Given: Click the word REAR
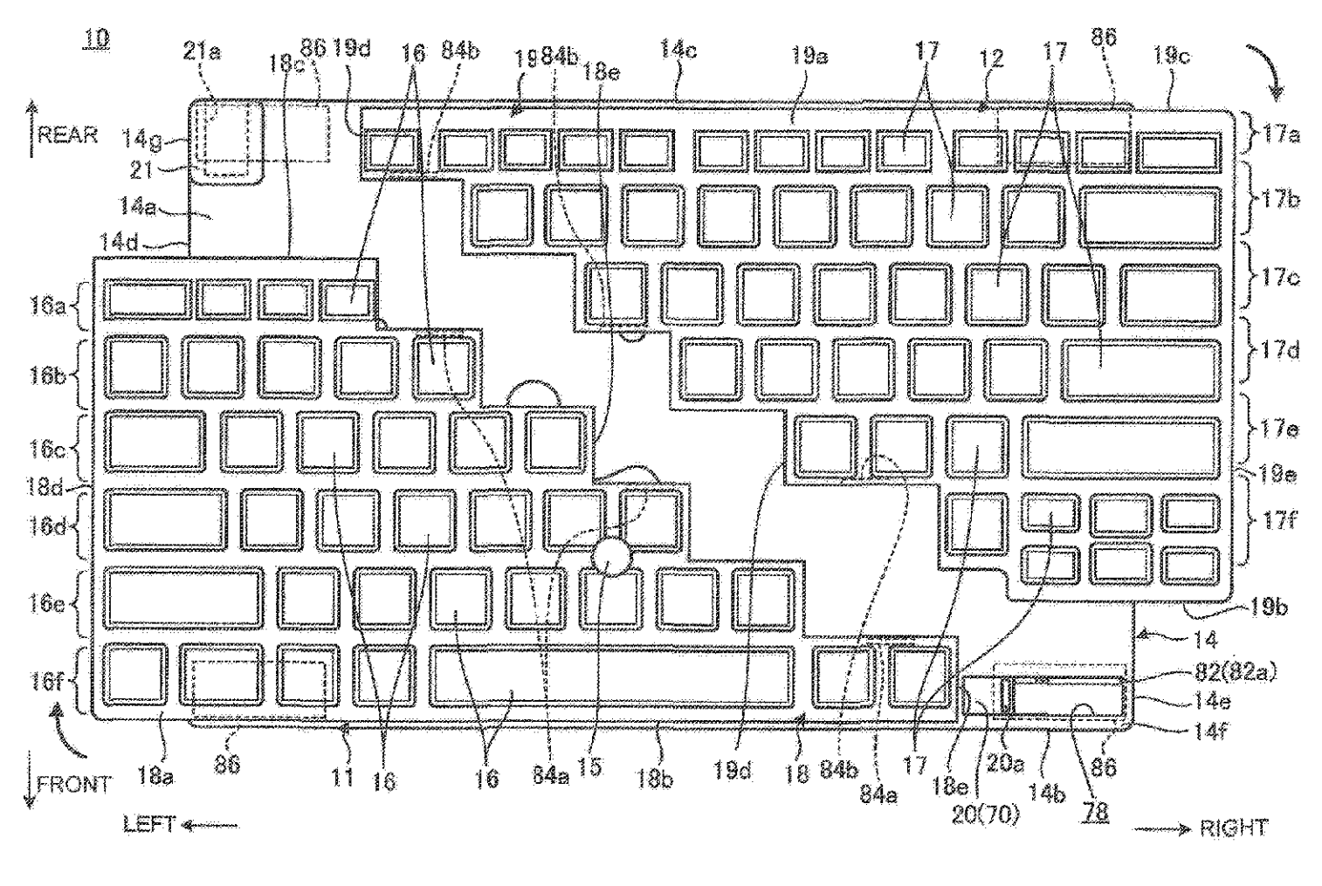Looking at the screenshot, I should [68, 135].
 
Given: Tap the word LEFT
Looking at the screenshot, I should [149, 824].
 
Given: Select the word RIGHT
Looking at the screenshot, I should [1232, 828].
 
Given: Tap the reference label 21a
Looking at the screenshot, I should [202, 52].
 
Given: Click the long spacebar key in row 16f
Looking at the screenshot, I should [612, 677].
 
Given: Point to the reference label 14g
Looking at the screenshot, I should [140, 137].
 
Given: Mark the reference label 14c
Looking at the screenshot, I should [678, 49].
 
